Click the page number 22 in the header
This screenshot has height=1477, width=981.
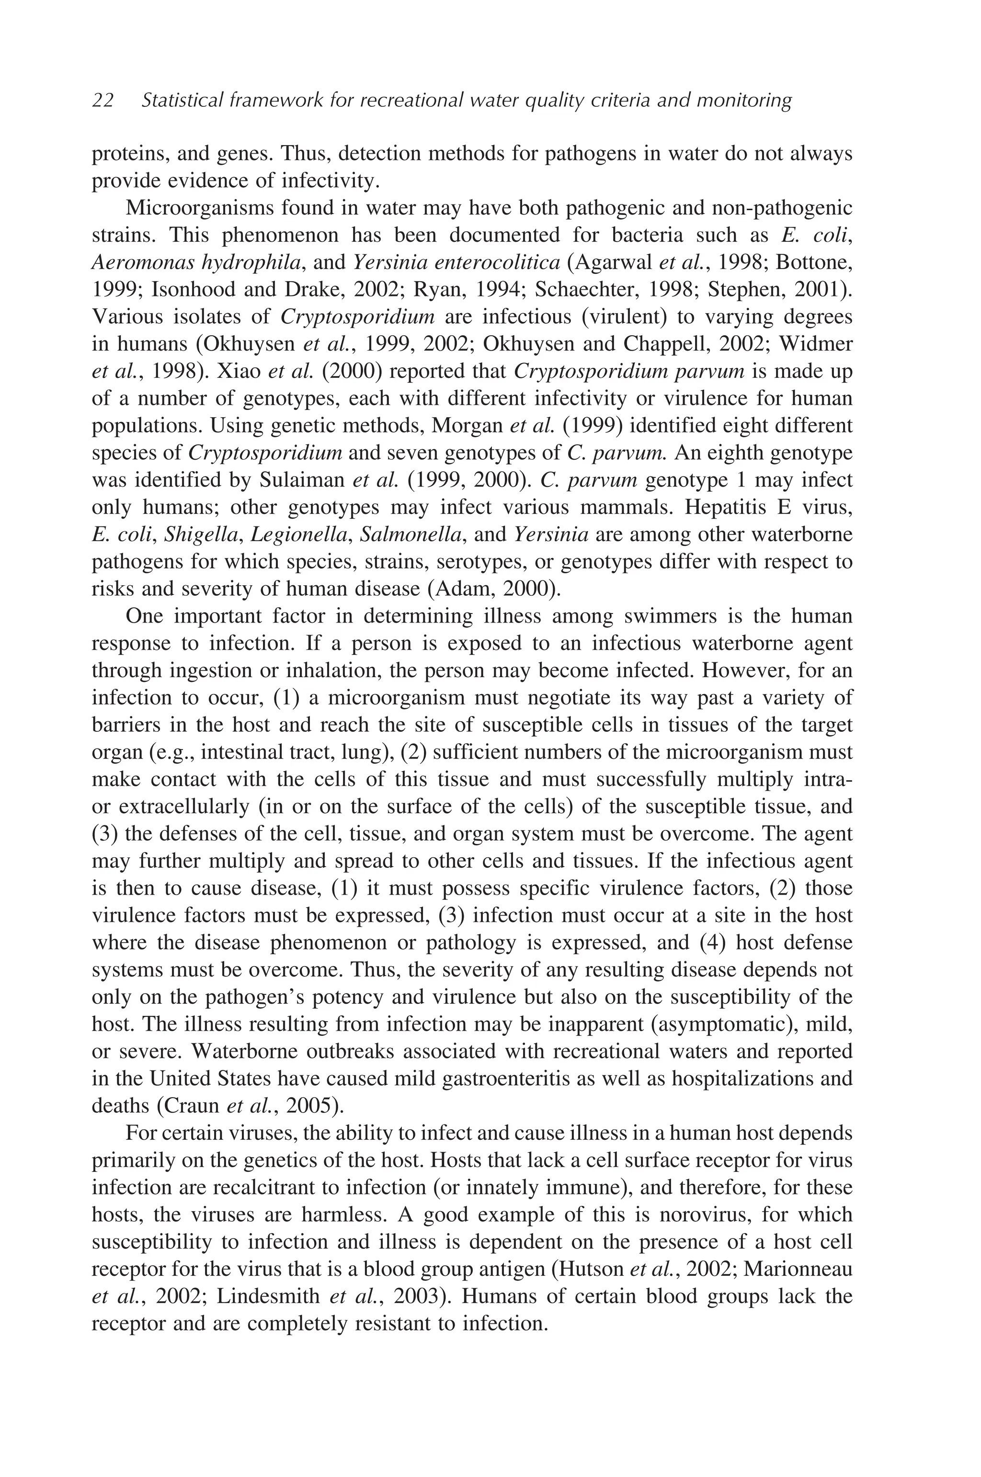[x=103, y=100]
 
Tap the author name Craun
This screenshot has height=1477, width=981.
[x=192, y=1106]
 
